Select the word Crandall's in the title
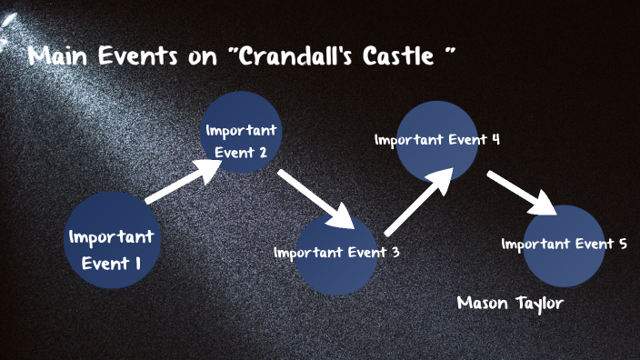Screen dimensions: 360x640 pos(300,56)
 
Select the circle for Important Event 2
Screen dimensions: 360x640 pos(241,133)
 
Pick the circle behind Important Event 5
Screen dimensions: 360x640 pos(564,246)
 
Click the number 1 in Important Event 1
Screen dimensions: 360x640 pos(137,264)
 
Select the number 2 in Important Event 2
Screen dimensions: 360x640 pos(262,153)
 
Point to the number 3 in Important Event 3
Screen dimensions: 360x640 pos(395,253)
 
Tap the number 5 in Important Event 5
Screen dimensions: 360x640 pos(622,244)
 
